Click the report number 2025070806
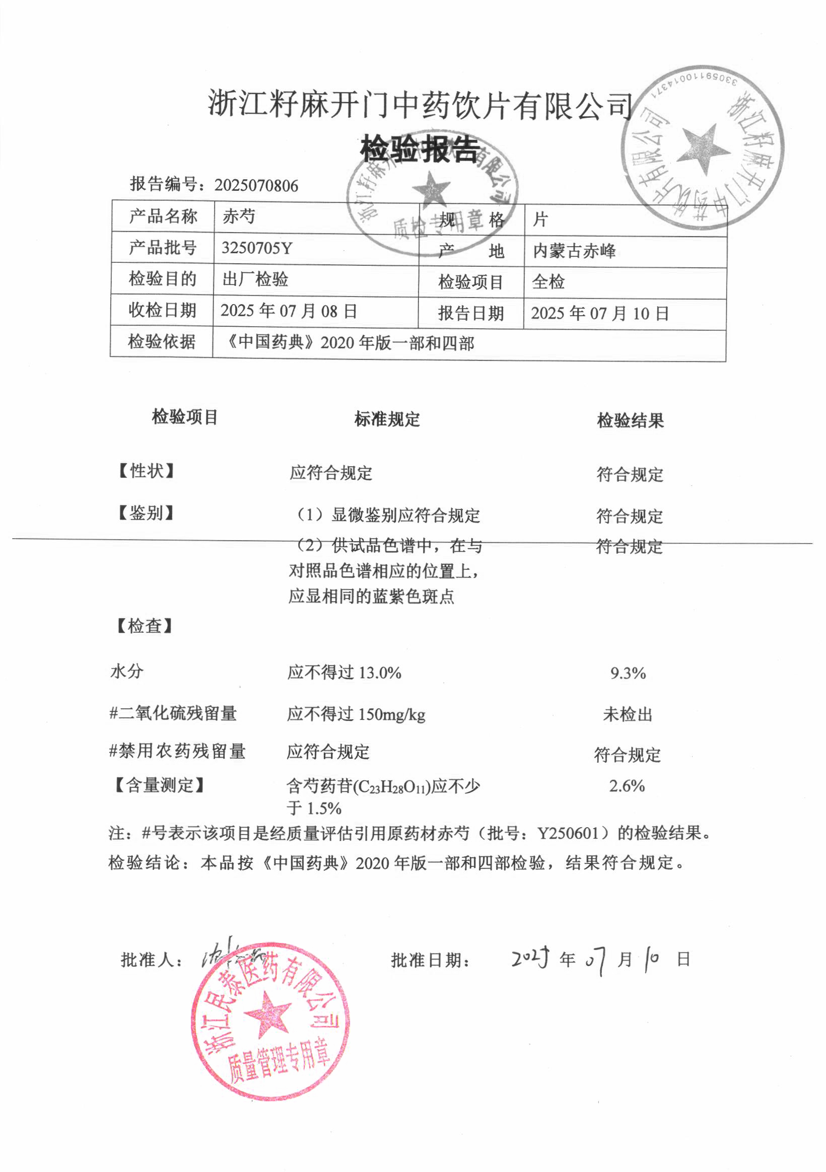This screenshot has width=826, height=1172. pos(256,185)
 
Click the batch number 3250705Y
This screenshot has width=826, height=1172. pos(256,248)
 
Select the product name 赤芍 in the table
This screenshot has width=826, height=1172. pos(239,216)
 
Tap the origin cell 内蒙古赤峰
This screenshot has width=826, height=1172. pos(574,251)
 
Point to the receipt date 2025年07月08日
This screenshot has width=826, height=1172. pos(289,311)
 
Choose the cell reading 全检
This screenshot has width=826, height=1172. pos(548,282)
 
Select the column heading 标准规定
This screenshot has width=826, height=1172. pos(387,419)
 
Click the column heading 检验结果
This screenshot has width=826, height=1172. pos(630,420)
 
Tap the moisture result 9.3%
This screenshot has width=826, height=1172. pos(628,673)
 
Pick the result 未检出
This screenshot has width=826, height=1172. pos(628,714)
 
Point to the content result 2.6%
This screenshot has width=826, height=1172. pos(627,785)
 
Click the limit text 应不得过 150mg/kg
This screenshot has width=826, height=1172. pos(356,714)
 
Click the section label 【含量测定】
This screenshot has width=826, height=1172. pos(159,784)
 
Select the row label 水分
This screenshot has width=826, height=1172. pos(127,671)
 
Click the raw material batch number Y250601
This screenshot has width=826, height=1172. pos(568,834)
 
